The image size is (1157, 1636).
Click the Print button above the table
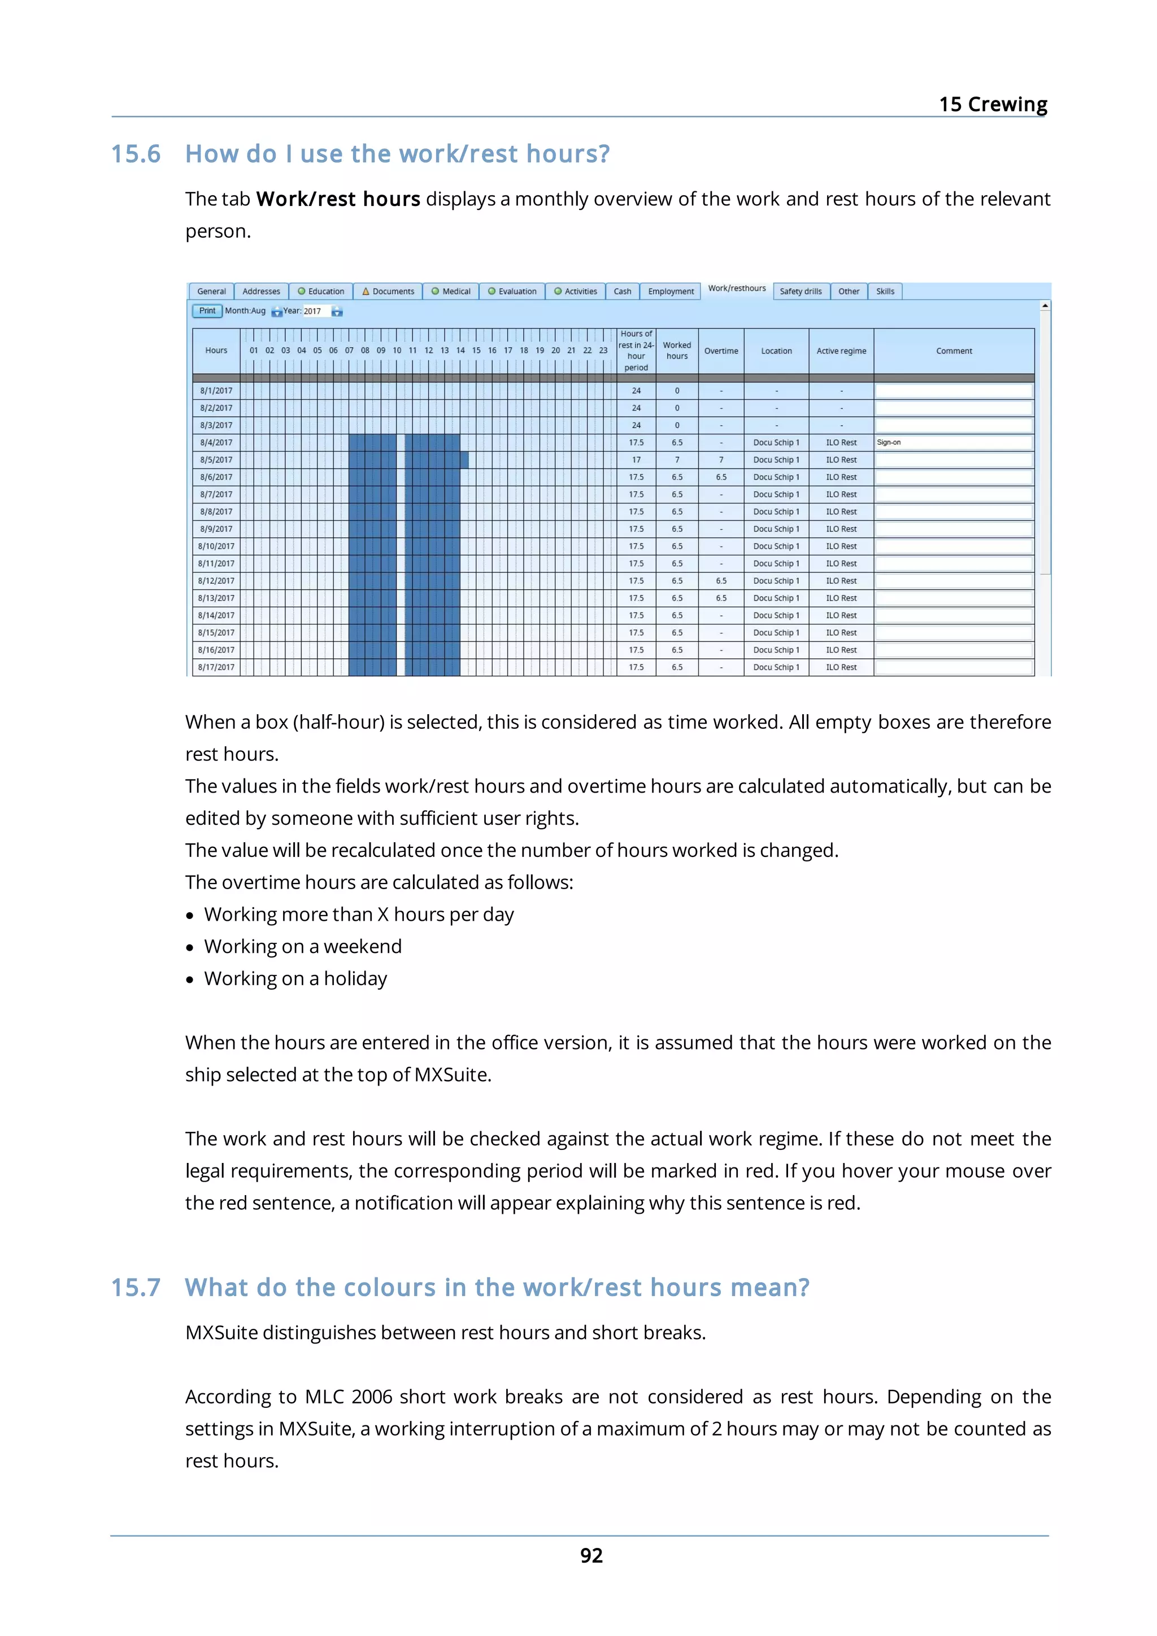[x=207, y=310]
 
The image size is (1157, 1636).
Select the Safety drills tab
[x=800, y=291]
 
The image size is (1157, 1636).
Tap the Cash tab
[x=621, y=291]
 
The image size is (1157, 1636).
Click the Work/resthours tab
[x=737, y=288]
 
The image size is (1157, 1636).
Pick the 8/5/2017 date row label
[x=216, y=460]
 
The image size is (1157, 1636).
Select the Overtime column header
[x=721, y=351]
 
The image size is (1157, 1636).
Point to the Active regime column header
[x=841, y=351]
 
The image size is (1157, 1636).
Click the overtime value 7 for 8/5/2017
[x=721, y=460]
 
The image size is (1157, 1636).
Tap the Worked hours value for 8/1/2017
[x=677, y=391]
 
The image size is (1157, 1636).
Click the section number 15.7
[x=136, y=1288]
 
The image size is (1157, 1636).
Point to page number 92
[x=591, y=1555]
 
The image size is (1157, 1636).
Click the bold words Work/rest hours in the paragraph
[x=338, y=199]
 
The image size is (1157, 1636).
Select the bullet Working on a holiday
[x=295, y=978]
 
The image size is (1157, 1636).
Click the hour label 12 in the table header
[x=428, y=351]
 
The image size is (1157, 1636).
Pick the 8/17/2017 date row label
[x=216, y=667]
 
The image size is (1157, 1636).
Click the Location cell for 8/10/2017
[x=776, y=546]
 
